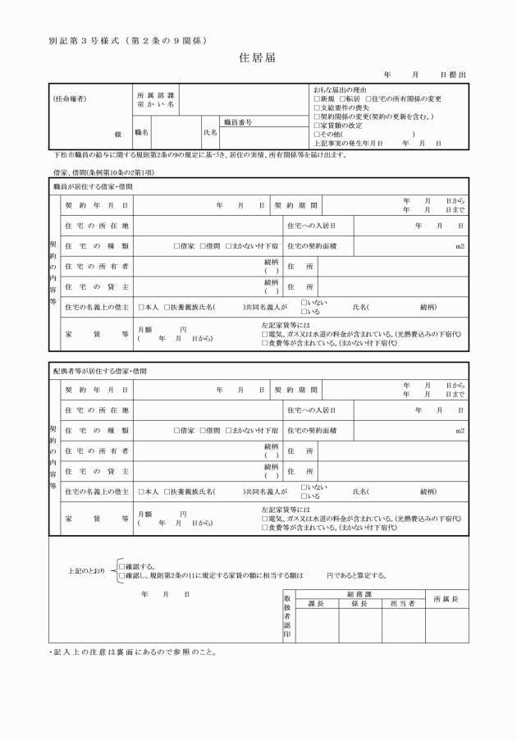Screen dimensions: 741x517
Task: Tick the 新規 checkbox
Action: coord(317,98)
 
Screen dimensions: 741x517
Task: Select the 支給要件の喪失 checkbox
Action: coord(317,107)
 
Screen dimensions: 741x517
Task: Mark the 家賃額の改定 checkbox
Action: coord(317,126)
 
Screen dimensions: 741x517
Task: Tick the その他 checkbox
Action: coord(317,135)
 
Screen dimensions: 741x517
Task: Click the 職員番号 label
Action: coord(238,121)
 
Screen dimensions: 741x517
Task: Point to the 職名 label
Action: coord(142,132)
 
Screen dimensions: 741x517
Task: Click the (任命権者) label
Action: coord(70,99)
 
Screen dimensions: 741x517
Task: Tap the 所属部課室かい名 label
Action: coord(155,100)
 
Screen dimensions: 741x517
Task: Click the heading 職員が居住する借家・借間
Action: coord(93,187)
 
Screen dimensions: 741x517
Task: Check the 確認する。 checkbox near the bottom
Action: coord(121,566)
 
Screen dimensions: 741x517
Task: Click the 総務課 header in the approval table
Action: coord(359,593)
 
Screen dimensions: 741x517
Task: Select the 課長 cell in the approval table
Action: coord(316,603)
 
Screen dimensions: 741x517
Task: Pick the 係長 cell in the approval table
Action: coord(359,603)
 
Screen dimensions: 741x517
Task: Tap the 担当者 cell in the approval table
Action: coord(402,603)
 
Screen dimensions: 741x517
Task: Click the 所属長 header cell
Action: coord(446,598)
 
